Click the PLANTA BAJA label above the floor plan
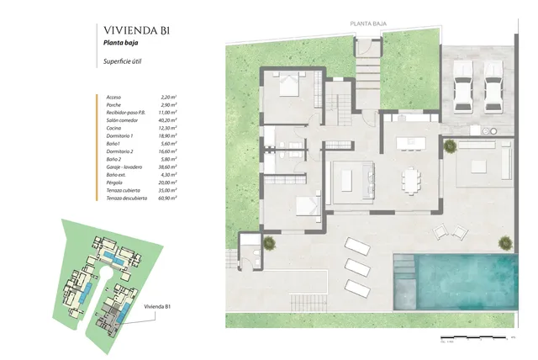(369, 24)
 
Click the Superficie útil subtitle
(123, 63)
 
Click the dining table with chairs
(409, 180)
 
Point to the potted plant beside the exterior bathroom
(268, 243)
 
